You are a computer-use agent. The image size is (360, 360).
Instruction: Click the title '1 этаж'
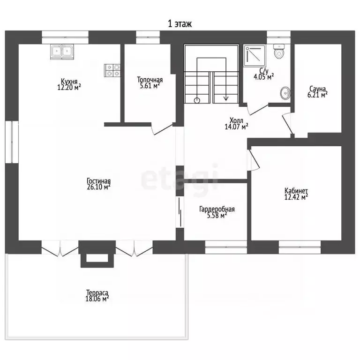[180, 23]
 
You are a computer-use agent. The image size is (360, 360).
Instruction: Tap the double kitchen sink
[62, 52]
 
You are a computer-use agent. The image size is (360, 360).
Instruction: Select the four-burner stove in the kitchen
[112, 70]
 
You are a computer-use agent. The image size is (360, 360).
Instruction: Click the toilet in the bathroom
[279, 52]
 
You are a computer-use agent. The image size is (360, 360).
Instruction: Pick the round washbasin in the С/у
[285, 93]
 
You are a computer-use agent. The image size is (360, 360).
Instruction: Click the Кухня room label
[69, 81]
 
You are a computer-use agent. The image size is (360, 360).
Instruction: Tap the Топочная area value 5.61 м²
[150, 86]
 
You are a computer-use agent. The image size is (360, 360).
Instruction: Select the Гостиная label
[99, 180]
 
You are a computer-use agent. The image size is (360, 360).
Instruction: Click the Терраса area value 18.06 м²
[97, 299]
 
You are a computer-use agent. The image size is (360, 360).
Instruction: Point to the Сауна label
[317, 89]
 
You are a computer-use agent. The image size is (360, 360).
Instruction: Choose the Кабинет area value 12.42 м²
[296, 197]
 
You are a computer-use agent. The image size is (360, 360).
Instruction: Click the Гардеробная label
[217, 210]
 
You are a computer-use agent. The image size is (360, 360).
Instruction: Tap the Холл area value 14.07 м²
[236, 127]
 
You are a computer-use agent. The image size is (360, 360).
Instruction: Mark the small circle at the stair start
[197, 100]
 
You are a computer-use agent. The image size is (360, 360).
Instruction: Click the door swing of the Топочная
[162, 128]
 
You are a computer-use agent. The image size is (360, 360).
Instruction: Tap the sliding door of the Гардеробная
[180, 212]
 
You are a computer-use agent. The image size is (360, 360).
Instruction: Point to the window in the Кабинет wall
[300, 247]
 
